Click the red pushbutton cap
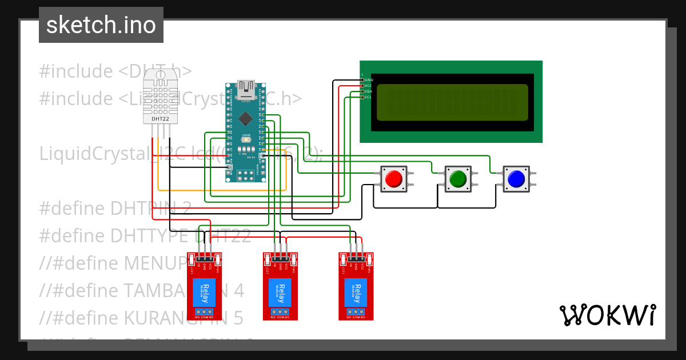point(393,179)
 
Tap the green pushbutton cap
point(458,179)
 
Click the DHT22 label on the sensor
point(161,119)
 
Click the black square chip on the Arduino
point(246,118)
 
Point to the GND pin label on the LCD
point(369,79)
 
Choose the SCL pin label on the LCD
point(369,97)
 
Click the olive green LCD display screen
point(452,102)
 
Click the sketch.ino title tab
point(101,25)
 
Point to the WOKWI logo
point(607,315)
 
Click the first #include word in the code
point(76,71)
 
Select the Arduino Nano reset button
point(246,139)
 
